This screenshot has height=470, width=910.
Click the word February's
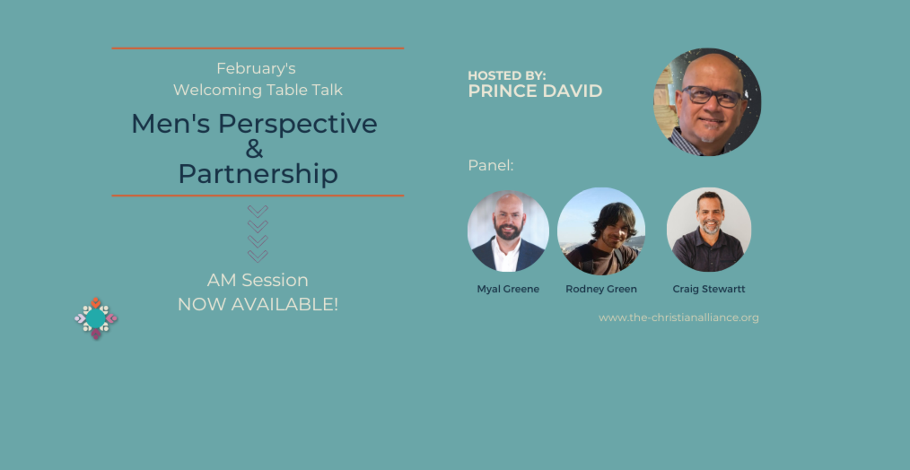(x=256, y=69)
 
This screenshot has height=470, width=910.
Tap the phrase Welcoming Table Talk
(x=258, y=90)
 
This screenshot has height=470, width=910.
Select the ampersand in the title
(x=254, y=149)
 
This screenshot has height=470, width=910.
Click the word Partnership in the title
(x=258, y=174)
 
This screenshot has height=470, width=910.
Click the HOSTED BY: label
(x=507, y=76)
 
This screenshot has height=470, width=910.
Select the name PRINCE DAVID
(x=535, y=91)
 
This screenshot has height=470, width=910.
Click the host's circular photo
(x=707, y=102)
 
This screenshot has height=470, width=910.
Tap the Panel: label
(x=491, y=166)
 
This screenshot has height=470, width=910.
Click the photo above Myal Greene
(x=508, y=231)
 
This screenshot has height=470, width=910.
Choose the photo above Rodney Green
(x=601, y=231)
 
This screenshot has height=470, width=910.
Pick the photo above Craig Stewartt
(x=709, y=230)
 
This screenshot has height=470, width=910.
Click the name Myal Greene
(x=508, y=289)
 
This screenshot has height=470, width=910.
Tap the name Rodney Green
(x=601, y=289)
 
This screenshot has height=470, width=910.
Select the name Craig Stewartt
(x=709, y=289)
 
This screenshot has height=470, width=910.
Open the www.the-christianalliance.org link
(x=679, y=318)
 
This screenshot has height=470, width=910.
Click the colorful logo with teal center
(x=96, y=318)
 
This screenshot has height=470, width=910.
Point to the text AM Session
(x=258, y=280)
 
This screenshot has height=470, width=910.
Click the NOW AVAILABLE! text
(x=258, y=305)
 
